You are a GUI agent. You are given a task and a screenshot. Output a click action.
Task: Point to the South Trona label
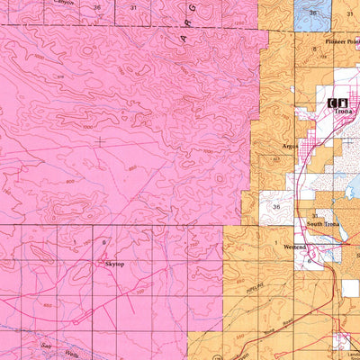(x=322, y=223)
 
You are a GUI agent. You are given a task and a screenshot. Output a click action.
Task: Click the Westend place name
(x=296, y=246)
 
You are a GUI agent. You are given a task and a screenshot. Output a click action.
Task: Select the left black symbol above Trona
(x=332, y=103)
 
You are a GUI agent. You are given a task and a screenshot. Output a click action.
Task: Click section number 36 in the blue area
(x=313, y=13)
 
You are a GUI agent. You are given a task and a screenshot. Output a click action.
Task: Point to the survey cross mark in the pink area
(x=100, y=140)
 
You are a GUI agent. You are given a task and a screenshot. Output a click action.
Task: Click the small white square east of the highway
(x=349, y=288)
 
